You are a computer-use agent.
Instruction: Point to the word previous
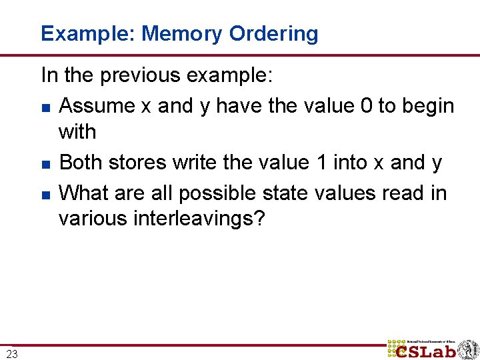click(x=141, y=75)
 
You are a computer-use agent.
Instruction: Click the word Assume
click(x=96, y=106)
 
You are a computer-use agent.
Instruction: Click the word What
click(x=83, y=193)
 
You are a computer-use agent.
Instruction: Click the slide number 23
click(x=13, y=353)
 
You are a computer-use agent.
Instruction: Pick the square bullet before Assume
click(x=45, y=107)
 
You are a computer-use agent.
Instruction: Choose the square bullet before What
click(x=45, y=194)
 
